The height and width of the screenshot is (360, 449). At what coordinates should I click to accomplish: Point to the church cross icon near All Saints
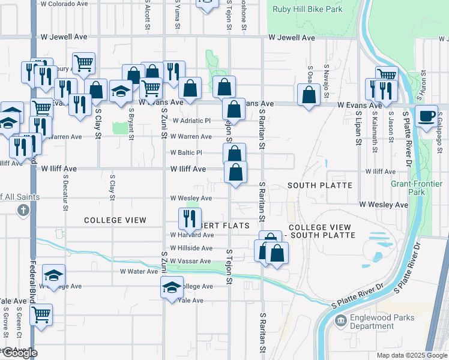click(x=23, y=210)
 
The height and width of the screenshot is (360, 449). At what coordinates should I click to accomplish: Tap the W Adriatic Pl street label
click(x=191, y=121)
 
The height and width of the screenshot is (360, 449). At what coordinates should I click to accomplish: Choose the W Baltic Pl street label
click(x=190, y=153)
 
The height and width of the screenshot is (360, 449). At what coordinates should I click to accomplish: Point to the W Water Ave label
click(x=139, y=272)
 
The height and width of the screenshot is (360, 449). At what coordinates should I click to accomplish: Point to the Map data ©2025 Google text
click(x=411, y=355)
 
